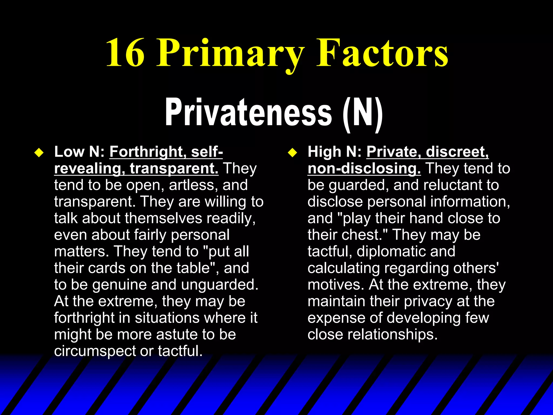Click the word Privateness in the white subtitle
[x=248, y=112]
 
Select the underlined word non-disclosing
[x=364, y=169]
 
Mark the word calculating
[x=344, y=268]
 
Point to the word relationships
[x=392, y=335]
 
